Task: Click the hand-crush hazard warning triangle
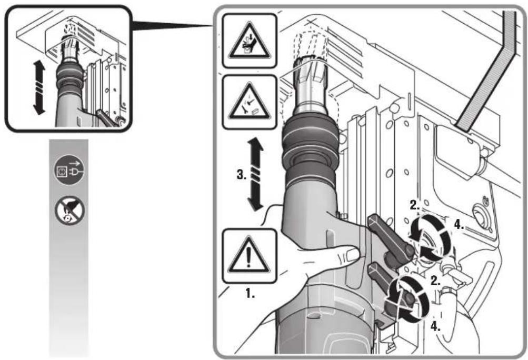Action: (x=249, y=41)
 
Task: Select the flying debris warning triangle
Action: (x=249, y=102)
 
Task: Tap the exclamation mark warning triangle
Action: (x=249, y=256)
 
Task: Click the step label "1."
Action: (x=250, y=294)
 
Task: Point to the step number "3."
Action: (x=241, y=175)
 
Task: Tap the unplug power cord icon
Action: (x=69, y=169)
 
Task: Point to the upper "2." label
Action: (x=415, y=205)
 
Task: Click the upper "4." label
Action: (x=459, y=224)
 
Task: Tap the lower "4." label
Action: (x=435, y=326)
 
